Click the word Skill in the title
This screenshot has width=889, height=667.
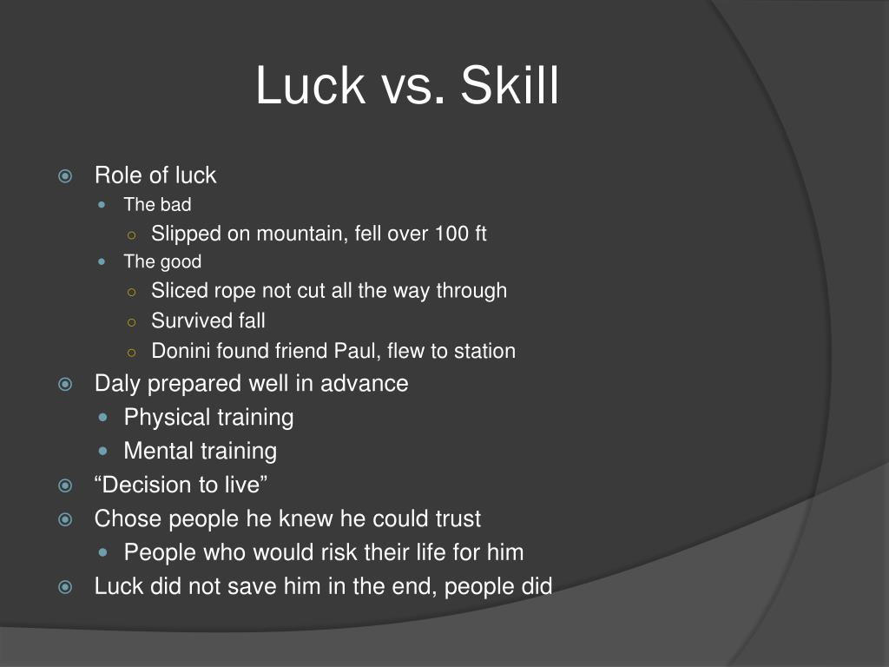pos(510,87)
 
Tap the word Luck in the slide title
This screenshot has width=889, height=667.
pos(310,87)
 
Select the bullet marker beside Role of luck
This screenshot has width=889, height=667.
pos(64,176)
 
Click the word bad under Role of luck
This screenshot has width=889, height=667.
pos(175,206)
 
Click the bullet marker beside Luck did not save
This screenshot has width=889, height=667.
pos(64,588)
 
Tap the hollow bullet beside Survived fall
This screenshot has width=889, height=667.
pos(131,322)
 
